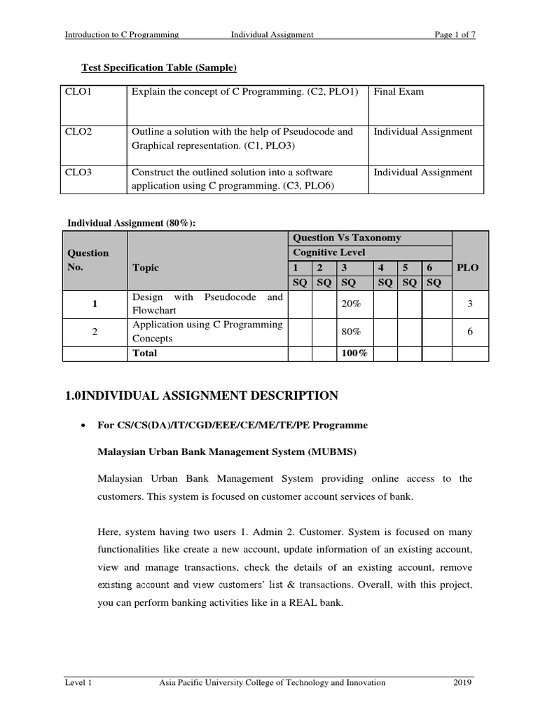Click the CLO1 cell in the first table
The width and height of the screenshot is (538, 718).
(x=78, y=92)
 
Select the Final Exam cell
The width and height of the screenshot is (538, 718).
(x=399, y=92)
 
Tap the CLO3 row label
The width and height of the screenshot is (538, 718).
(x=78, y=172)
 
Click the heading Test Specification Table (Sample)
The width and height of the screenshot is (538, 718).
(x=159, y=67)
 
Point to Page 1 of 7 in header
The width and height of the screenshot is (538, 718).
(x=455, y=34)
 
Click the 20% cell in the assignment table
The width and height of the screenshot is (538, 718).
(x=350, y=304)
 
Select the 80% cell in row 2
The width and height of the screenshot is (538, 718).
(x=350, y=332)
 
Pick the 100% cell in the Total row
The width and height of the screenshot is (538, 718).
(x=354, y=353)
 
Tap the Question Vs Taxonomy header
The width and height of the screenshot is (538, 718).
(x=347, y=238)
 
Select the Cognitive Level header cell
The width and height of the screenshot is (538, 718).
(x=329, y=252)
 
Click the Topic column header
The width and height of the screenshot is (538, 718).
(x=145, y=268)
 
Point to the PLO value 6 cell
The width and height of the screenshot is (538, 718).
(x=471, y=332)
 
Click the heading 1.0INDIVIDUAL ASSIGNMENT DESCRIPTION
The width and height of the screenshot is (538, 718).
(x=202, y=396)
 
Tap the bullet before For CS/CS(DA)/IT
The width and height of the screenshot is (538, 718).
(x=83, y=426)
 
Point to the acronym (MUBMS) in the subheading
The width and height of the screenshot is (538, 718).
(x=332, y=452)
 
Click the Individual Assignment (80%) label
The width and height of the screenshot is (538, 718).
(x=131, y=223)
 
